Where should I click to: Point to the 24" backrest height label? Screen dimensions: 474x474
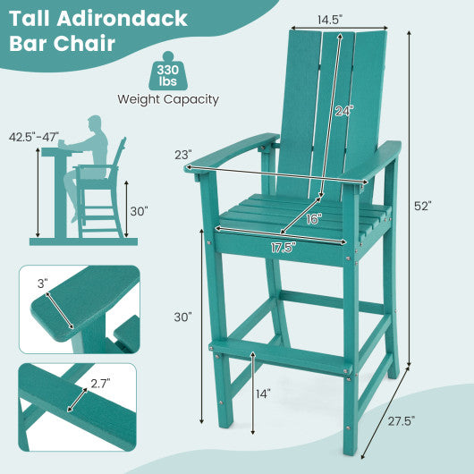pyautogui.click(x=344, y=112)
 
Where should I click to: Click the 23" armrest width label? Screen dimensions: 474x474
pyautogui.click(x=182, y=154)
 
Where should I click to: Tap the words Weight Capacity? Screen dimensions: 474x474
pyautogui.click(x=168, y=99)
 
